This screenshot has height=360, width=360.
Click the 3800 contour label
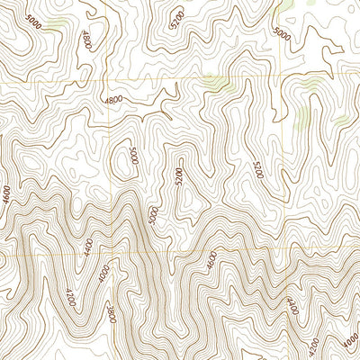click(x=110, y=314)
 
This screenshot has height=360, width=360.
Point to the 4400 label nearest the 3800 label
click(x=87, y=248)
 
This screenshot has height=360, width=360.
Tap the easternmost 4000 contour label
click(x=349, y=339)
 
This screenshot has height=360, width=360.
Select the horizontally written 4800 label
click(x=112, y=100)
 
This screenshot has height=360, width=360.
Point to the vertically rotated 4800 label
click(x=86, y=40)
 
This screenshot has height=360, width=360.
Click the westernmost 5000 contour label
click(x=33, y=19)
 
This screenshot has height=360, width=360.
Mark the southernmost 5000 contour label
click(x=154, y=214)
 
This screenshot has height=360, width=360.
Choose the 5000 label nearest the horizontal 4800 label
click(x=134, y=155)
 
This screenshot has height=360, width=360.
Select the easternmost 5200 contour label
click(x=257, y=168)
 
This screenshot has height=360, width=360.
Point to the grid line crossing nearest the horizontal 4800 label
click(x=110, y=84)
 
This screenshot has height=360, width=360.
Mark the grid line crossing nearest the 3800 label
click(x=110, y=255)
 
